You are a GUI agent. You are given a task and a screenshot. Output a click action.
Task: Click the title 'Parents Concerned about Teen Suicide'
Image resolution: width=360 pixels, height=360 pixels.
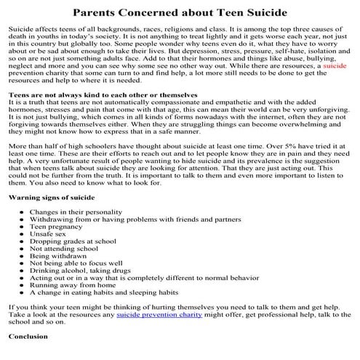(180, 12)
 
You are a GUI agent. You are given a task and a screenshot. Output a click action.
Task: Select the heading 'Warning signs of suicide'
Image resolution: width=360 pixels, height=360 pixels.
(51, 196)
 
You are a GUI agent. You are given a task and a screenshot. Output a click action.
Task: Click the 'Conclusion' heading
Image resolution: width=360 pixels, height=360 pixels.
(28, 337)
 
